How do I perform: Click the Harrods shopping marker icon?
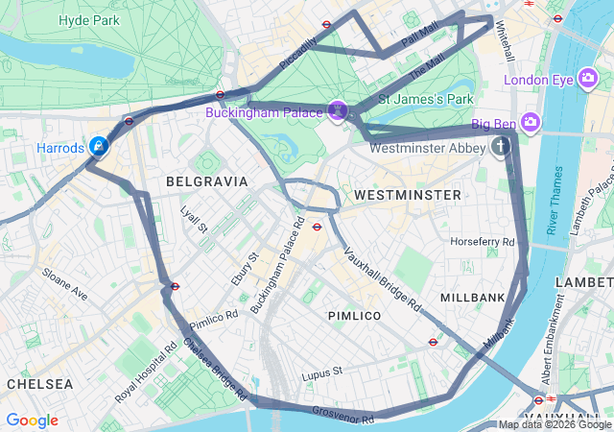98,147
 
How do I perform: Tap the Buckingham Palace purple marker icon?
337,111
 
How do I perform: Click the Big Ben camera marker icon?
531,122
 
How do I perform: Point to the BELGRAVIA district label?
206,181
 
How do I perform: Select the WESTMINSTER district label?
407,195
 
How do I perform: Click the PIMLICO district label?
354,316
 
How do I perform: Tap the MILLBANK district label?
472,298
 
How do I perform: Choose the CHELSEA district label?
39,383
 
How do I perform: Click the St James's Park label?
426,99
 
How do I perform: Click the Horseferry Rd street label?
483,242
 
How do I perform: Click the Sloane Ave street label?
64,284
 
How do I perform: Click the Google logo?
32,420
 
